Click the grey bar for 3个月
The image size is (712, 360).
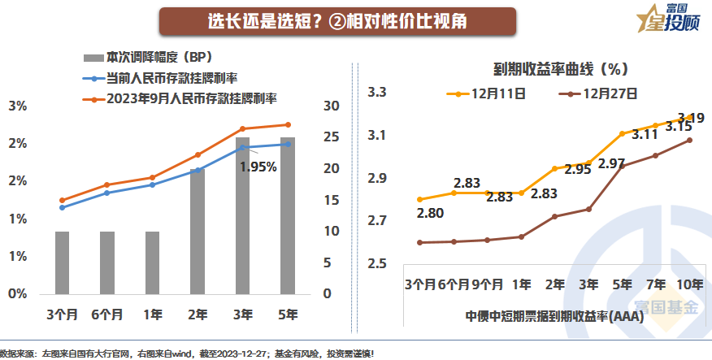pyautogui.click(x=63, y=262)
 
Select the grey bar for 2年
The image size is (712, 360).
pyautogui.click(x=198, y=231)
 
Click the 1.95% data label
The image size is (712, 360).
pyautogui.click(x=258, y=167)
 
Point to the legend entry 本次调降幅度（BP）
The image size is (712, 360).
pyautogui.click(x=148, y=59)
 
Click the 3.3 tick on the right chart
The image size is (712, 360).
pyautogui.click(x=377, y=93)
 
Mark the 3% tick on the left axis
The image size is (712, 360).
pyautogui.click(x=18, y=106)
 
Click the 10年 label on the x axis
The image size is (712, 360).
pyautogui.click(x=690, y=285)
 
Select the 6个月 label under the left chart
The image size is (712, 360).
pyautogui.click(x=107, y=314)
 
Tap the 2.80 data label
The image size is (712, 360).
pyautogui.click(x=431, y=213)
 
